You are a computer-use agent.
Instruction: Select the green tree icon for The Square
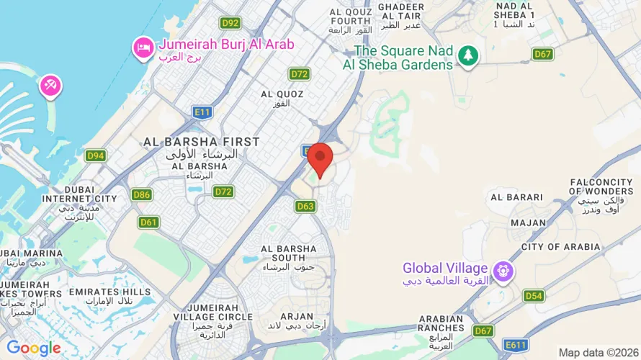pyautogui.click(x=469, y=55)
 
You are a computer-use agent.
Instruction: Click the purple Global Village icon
pyautogui.click(x=502, y=271)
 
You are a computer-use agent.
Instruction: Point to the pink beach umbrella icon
pyautogui.click(x=50, y=86)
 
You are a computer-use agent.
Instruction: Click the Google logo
pyautogui.click(x=34, y=348)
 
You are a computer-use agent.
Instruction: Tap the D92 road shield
pyautogui.click(x=230, y=22)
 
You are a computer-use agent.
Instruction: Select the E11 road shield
pyautogui.click(x=202, y=112)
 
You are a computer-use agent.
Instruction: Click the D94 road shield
pyautogui.click(x=96, y=156)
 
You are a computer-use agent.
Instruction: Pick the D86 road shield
pyautogui.click(x=142, y=194)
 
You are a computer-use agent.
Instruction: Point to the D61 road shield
pyautogui.click(x=149, y=222)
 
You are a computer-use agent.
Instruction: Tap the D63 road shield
pyautogui.click(x=305, y=206)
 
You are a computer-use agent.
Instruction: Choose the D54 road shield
pyautogui.click(x=533, y=295)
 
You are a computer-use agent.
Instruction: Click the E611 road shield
pyautogui.click(x=516, y=346)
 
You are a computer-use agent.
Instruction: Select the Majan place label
pyautogui.click(x=529, y=222)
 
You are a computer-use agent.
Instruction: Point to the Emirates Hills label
pyautogui.click(x=110, y=292)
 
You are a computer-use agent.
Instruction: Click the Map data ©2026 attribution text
pyautogui.click(x=597, y=352)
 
